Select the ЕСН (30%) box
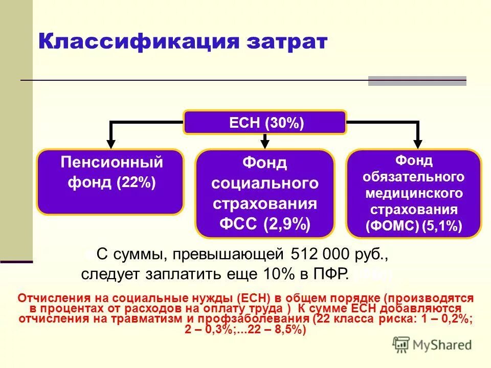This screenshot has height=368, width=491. [265, 123]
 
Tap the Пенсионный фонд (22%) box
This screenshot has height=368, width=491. [109, 181]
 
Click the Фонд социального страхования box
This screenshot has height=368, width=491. [264, 193]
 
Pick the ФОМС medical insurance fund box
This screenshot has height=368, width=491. [414, 193]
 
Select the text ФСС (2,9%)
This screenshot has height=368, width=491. [264, 224]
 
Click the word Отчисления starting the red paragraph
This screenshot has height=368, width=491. [49, 297]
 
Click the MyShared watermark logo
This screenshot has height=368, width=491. [432, 344]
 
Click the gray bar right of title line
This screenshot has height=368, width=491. [417, 81]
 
